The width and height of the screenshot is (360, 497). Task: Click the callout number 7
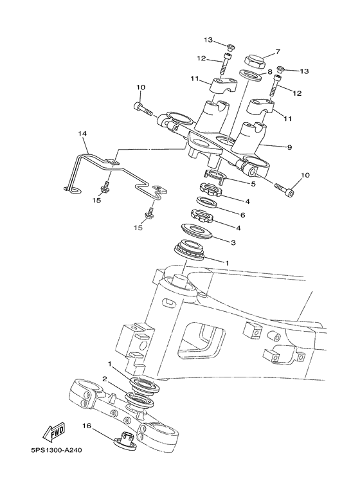[278, 51]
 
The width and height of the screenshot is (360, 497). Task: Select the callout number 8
[270, 71]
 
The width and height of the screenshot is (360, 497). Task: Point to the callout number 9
[289, 147]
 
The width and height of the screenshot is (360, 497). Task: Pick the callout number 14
[82, 134]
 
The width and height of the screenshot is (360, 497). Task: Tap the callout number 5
[253, 183]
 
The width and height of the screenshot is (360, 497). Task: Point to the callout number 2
[104, 380]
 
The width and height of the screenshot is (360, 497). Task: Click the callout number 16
[86, 426]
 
